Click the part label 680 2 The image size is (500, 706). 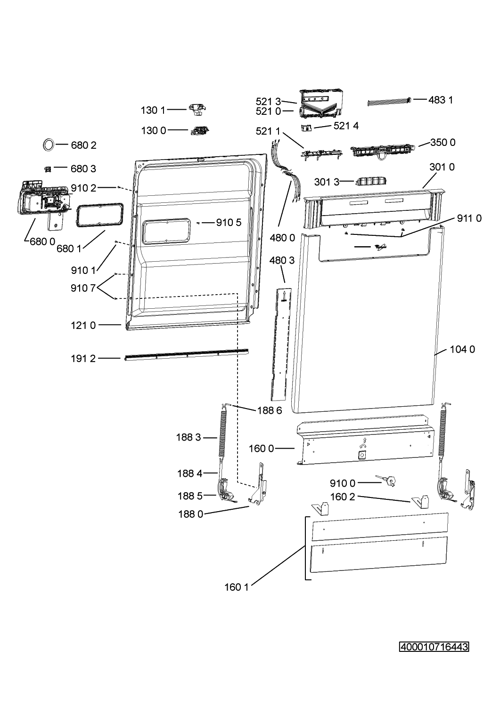pyautogui.click(x=84, y=145)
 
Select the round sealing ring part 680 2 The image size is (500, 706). pyautogui.click(x=49, y=145)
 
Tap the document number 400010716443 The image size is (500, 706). pyautogui.click(x=434, y=647)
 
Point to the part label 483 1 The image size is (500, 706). pyautogui.click(x=441, y=100)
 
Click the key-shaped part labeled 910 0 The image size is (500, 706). pyautogui.click(x=386, y=481)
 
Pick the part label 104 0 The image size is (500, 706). pyautogui.click(x=462, y=349)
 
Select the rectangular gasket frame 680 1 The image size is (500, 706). pyautogui.click(x=99, y=215)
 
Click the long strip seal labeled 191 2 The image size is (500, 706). pyautogui.click(x=187, y=354)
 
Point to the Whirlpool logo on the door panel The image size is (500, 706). pyautogui.click(x=380, y=247)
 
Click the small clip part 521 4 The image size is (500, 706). pyautogui.click(x=306, y=128)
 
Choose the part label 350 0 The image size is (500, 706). pyautogui.click(x=443, y=143)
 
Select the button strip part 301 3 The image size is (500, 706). pyautogui.click(x=371, y=181)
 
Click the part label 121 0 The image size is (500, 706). pyautogui.click(x=83, y=325)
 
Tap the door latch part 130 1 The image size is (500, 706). pyautogui.click(x=197, y=110)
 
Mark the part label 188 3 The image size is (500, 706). pyautogui.click(x=189, y=437)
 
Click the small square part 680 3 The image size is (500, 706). pyautogui.click(x=48, y=169)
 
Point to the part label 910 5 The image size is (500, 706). pyautogui.click(x=229, y=223)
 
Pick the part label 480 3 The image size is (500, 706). pyautogui.click(x=282, y=260)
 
